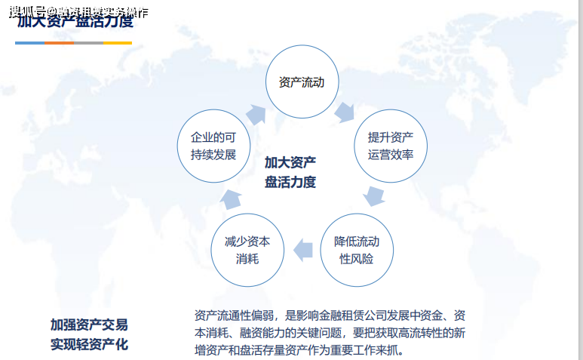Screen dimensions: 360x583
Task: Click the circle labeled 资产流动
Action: coord(301,82)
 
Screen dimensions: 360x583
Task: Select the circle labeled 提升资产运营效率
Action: coord(391,146)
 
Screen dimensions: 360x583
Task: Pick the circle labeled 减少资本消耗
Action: coord(247,250)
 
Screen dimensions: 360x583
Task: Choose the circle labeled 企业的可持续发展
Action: coord(213,146)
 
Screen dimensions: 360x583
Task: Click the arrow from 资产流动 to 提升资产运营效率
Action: coord(345,112)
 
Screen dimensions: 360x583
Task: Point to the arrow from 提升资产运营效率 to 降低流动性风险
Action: coord(374,196)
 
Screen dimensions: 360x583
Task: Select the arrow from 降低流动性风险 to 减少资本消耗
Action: coord(302,249)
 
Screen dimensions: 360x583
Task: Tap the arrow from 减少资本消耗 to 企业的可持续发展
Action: coord(230,198)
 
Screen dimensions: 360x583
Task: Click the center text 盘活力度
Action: coord(290,182)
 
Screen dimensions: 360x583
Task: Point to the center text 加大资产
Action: coord(290,162)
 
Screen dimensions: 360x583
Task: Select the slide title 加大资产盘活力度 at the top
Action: coord(75,20)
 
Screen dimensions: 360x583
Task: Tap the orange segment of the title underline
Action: coord(59,43)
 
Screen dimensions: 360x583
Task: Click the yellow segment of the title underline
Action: coord(118,43)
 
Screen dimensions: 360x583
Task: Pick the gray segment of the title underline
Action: coord(88,43)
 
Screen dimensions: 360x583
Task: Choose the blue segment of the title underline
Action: coord(29,43)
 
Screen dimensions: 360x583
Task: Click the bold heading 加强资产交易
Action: coord(89,325)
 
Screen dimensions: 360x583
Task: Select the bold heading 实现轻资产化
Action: coord(89,345)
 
